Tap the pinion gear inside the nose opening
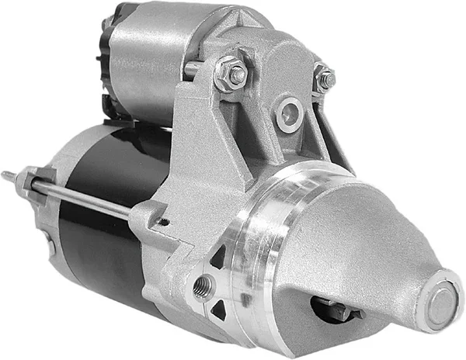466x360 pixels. coord(334,308)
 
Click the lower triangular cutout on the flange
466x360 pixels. coord(219,310)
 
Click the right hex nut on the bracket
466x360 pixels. coord(324,78)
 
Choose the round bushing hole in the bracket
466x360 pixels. coord(289,112)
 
